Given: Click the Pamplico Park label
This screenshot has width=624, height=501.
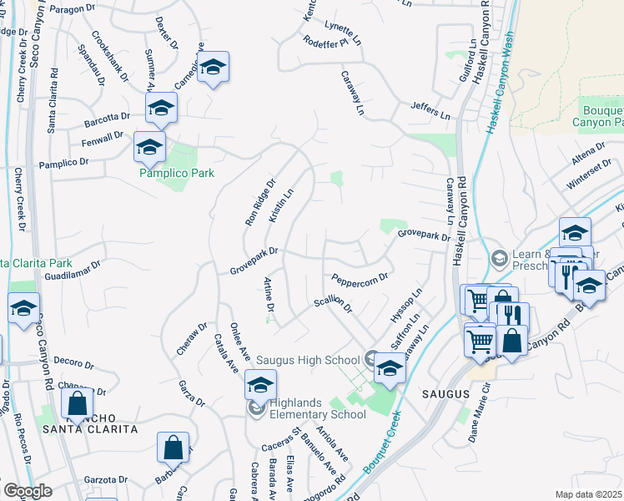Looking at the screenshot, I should pyautogui.click(x=177, y=173).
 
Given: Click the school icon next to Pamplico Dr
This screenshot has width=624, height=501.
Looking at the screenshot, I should pyautogui.click(x=149, y=148).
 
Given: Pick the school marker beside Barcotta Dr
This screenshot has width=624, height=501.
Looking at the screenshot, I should pyautogui.click(x=161, y=108).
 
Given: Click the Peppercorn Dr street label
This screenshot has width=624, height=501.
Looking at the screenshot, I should pyautogui.click(x=360, y=278).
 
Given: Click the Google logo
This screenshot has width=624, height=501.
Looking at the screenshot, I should pyautogui.click(x=28, y=491).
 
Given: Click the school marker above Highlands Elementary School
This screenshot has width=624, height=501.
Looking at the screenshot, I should pyautogui.click(x=260, y=386).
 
